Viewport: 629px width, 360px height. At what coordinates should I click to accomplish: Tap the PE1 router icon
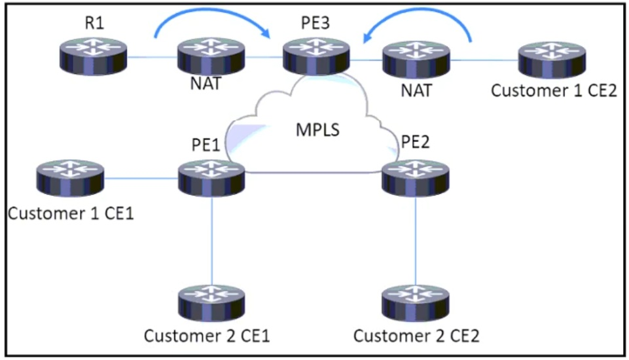[x=211, y=177]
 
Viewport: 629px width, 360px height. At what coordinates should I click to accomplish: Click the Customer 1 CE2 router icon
[x=552, y=58]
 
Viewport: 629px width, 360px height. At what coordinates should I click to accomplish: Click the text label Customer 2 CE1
[x=207, y=336]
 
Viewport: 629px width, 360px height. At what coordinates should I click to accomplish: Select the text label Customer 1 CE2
[x=554, y=91]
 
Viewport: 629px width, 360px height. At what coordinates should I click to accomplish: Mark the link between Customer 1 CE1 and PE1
[x=141, y=177]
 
